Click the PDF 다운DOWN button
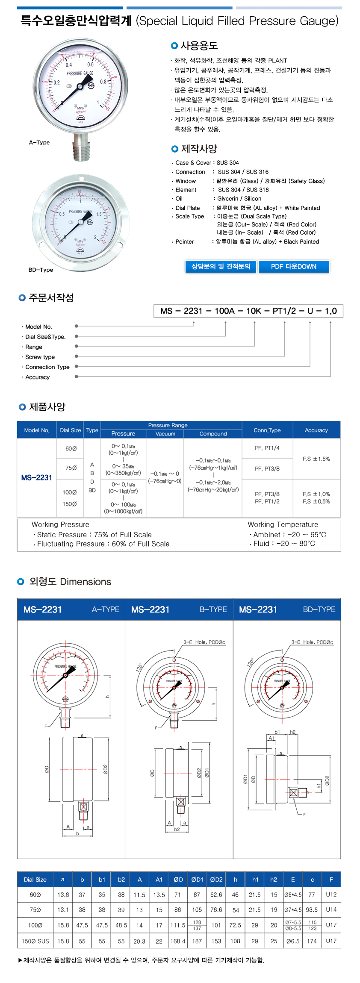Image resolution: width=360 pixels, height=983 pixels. point(294,267)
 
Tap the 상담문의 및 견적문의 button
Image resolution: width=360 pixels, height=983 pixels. point(221,267)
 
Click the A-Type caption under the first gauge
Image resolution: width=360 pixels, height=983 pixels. point(39,143)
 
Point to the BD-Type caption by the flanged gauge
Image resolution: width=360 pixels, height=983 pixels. point(41,270)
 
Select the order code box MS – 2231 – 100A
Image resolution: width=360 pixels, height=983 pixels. point(248,311)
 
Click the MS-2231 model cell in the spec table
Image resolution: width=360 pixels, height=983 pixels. point(37,478)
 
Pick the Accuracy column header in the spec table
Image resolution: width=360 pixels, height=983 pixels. point(316,430)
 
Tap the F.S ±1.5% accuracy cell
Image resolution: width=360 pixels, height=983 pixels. point(316,459)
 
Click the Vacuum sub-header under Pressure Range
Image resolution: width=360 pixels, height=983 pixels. point(165,434)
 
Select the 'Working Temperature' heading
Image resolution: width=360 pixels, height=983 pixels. point(283,524)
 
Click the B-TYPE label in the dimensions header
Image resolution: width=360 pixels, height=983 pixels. point(213,609)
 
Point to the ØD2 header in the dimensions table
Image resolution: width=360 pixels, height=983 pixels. point(216,880)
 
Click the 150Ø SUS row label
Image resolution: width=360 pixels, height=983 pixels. point(35,941)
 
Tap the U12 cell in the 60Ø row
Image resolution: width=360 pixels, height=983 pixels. point(331,895)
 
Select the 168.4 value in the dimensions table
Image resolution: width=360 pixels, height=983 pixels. point(178,941)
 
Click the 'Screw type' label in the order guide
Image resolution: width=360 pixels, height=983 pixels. point(40,357)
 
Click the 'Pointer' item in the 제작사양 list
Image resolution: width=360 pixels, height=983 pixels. point(185,242)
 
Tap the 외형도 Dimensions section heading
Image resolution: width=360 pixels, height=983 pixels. point(70,582)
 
